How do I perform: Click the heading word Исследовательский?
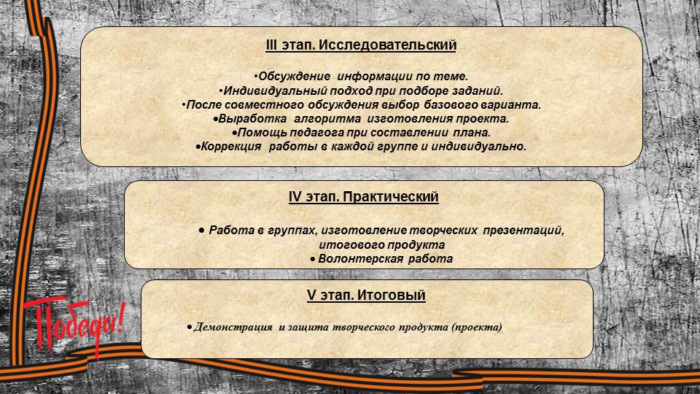click(387, 45)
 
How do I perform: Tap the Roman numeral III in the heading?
click(271, 45)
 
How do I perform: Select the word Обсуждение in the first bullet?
click(295, 77)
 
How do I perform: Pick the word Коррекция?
click(231, 147)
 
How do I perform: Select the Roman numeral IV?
click(295, 197)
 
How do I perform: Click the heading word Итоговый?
click(391, 295)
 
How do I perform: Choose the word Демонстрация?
click(233, 327)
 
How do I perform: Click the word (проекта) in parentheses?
click(477, 327)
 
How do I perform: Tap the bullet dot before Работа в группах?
click(202, 231)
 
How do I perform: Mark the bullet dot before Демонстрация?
click(190, 328)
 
